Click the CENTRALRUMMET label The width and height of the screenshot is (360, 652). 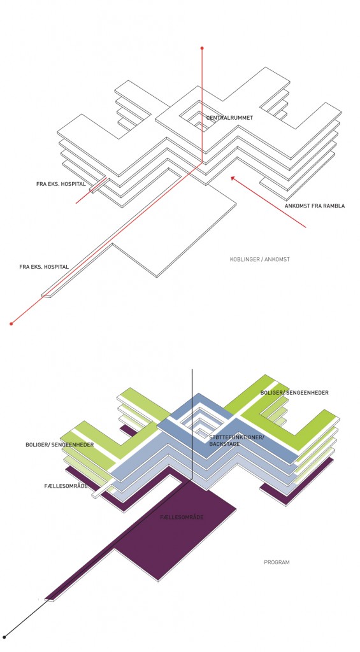(x=229, y=118)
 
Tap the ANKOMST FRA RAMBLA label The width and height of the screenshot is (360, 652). (x=315, y=206)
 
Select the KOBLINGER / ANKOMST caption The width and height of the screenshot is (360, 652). (x=260, y=260)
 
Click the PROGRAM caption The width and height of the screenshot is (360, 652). (x=277, y=562)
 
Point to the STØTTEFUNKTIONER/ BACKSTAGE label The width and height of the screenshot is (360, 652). (x=236, y=441)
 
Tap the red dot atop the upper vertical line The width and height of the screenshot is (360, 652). (x=202, y=48)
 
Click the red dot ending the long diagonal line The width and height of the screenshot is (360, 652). (x=11, y=323)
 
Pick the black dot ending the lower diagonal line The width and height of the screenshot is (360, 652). (x=4, y=637)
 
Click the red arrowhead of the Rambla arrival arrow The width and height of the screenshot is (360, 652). (x=233, y=178)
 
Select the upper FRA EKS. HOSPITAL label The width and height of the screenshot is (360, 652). (x=61, y=184)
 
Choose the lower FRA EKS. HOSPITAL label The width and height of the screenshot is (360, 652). (x=44, y=267)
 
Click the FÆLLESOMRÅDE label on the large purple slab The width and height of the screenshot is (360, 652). (x=182, y=517)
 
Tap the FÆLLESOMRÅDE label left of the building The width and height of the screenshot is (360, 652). (x=66, y=486)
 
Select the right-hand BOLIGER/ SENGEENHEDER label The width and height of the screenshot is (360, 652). (x=294, y=392)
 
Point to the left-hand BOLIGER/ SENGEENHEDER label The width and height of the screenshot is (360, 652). (x=59, y=445)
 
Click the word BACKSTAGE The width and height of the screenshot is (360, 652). (x=224, y=444)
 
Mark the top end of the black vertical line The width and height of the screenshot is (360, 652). (x=192, y=369)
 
